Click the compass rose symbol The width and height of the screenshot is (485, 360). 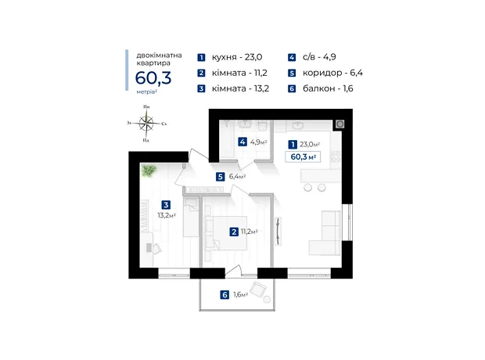click(x=146, y=124)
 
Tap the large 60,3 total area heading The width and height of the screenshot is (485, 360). click(x=153, y=77)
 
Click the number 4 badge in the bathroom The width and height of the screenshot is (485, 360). click(x=242, y=142)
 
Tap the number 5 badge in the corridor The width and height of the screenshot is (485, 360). click(x=221, y=177)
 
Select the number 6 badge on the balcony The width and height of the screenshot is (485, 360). click(x=225, y=295)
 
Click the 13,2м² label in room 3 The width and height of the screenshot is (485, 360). click(x=167, y=215)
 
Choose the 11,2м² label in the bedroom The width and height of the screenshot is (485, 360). click(x=249, y=232)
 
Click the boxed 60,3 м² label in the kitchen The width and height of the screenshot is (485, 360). click(x=303, y=157)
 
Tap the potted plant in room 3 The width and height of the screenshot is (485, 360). click(x=149, y=171)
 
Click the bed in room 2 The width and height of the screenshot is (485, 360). click(x=226, y=233)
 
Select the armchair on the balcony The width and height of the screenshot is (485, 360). click(x=257, y=290)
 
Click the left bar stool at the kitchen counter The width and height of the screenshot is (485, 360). click(x=307, y=187)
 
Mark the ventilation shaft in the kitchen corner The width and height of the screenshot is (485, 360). click(x=340, y=124)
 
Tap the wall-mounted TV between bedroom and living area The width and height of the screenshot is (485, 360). click(x=278, y=231)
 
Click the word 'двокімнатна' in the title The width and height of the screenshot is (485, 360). click(x=159, y=56)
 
